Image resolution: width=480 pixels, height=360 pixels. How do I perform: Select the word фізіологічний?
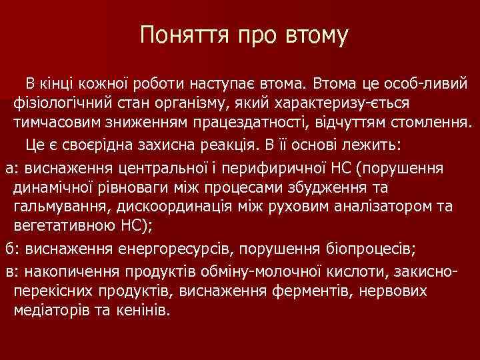click(61, 105)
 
